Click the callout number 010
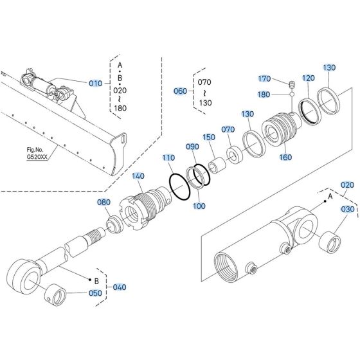(95, 83)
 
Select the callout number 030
(347, 210)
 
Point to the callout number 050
(94, 293)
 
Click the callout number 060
(181, 91)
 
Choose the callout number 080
(104, 203)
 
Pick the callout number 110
(168, 157)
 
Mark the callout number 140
(138, 176)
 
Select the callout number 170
(264, 79)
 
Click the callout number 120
(308, 78)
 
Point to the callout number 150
(209, 137)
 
